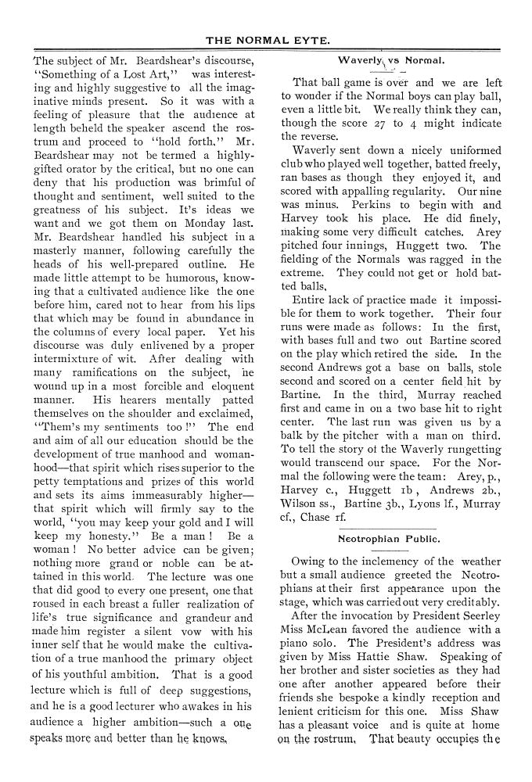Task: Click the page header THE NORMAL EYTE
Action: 265,40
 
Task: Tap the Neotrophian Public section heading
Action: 389,539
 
